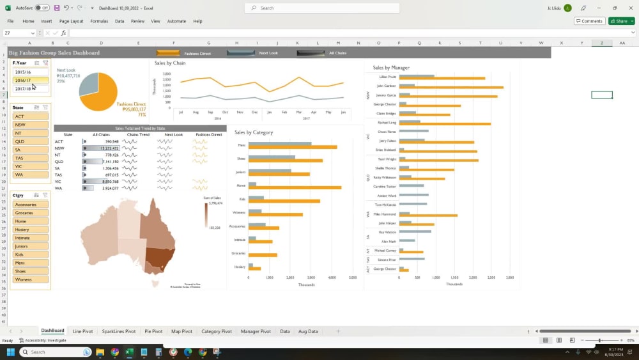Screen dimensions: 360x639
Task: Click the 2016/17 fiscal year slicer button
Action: coord(24,81)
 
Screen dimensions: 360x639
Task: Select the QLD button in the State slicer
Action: coord(30,141)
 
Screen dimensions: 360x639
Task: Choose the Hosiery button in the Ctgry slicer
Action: coord(30,230)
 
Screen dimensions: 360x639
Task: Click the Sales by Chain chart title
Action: coord(171,63)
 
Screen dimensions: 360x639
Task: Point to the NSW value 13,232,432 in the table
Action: coord(106,148)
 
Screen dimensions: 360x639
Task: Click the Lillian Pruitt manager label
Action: coord(387,77)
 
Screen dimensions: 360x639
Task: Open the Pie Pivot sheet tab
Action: coord(153,331)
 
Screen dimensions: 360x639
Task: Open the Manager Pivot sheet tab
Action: coord(256,331)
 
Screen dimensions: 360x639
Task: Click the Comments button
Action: coord(589,21)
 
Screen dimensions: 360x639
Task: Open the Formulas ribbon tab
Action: coord(99,21)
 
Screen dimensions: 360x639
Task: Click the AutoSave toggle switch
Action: coord(42,8)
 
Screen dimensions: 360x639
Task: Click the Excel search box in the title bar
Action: coord(322,8)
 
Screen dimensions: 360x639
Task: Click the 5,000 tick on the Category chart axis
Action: coord(353,278)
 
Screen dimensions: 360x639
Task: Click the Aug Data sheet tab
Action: coord(308,331)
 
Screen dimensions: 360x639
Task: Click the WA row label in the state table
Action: coord(59,188)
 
